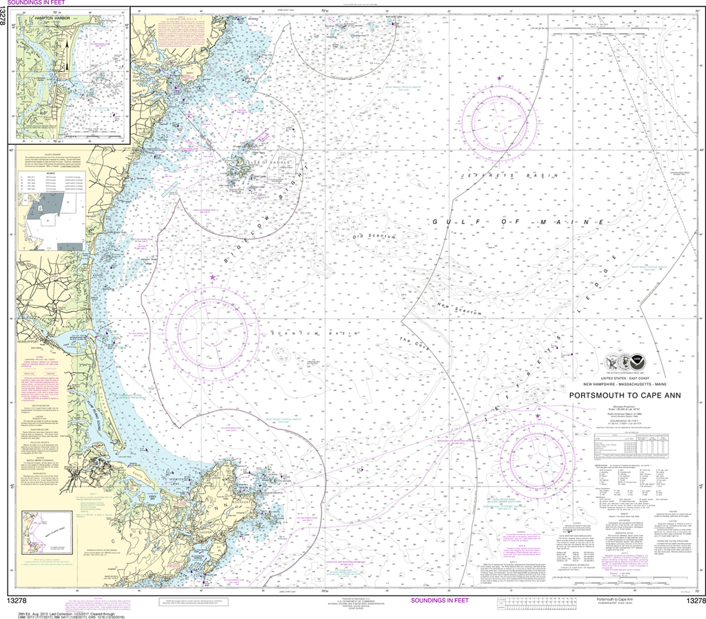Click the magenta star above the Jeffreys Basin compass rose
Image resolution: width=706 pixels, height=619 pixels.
(498, 79)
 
